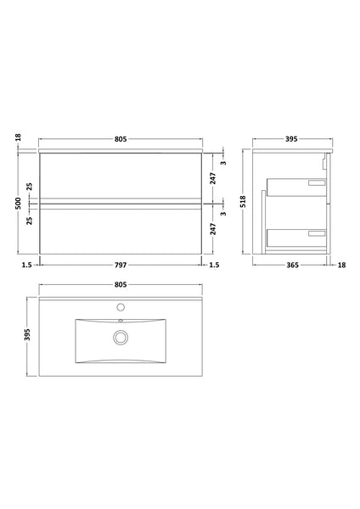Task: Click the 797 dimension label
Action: coord(121,265)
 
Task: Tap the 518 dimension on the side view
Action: coord(243,201)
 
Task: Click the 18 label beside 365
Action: coord(341,265)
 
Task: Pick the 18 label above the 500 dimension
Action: coord(17,137)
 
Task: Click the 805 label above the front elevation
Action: coord(121,140)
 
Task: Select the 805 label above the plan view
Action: coord(121,286)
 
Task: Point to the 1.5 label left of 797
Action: coord(28,265)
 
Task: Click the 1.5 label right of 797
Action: coord(216,265)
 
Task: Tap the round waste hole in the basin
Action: coord(121,338)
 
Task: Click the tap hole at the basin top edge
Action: coord(121,306)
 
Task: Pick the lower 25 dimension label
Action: coord(29,220)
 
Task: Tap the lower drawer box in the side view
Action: coord(297,236)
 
